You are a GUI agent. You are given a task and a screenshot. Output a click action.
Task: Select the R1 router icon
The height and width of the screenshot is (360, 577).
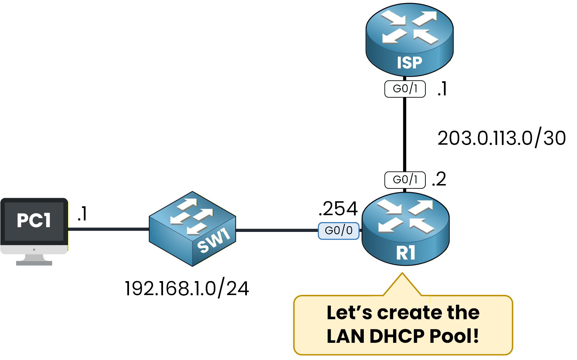(406, 229)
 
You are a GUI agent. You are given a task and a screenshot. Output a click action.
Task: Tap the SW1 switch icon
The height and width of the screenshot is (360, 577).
(192, 229)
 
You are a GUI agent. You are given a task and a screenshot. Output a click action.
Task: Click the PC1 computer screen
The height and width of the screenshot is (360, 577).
(34, 221)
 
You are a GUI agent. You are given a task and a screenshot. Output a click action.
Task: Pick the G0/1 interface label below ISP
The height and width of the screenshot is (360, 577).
(405, 89)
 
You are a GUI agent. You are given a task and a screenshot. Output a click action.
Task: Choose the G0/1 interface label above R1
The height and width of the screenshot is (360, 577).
(405, 180)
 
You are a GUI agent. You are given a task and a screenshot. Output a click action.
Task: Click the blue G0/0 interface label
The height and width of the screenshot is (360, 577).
(339, 231)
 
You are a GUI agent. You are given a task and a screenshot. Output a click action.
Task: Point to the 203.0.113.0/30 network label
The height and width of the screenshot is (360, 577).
(501, 138)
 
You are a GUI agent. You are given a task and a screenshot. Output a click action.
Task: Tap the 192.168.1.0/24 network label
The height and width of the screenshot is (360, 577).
(187, 289)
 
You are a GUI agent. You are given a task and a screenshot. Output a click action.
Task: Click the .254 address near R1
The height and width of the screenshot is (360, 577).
(338, 209)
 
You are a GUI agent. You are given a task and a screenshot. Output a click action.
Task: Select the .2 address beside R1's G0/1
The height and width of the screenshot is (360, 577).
(439, 179)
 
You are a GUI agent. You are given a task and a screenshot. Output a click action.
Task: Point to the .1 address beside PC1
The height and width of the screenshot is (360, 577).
(82, 214)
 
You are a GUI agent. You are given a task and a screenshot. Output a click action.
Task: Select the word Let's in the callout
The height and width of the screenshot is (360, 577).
(349, 312)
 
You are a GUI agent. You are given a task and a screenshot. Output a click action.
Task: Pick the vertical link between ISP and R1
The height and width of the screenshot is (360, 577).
(405, 135)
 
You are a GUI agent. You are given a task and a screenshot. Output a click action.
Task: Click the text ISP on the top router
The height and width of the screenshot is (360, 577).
(409, 63)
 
